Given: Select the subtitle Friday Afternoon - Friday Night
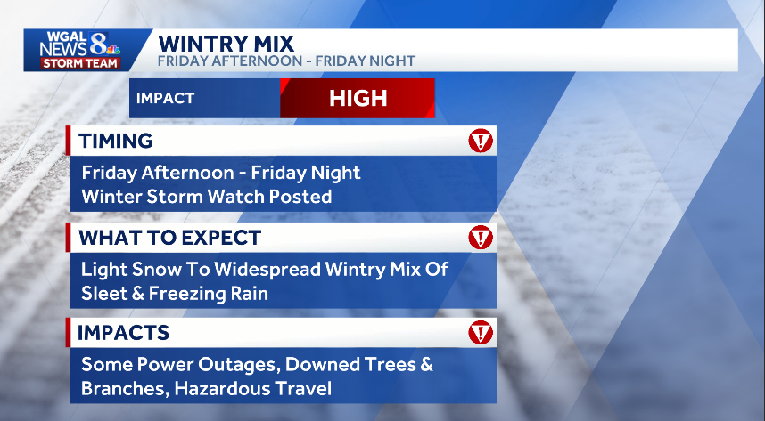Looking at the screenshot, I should tap(286, 61).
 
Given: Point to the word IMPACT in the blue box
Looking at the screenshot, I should tap(165, 98).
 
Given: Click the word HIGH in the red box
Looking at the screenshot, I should tap(358, 98).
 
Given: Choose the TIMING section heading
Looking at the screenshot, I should tap(116, 141).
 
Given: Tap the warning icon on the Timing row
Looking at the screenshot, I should tap(481, 141).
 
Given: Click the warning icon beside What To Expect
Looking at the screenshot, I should tap(481, 238).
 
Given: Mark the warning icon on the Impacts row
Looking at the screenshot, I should tap(481, 333).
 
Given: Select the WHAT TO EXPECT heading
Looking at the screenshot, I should tap(169, 238).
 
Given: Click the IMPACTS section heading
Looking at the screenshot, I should tap(123, 333).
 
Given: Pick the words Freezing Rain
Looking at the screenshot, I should tap(215, 292).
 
